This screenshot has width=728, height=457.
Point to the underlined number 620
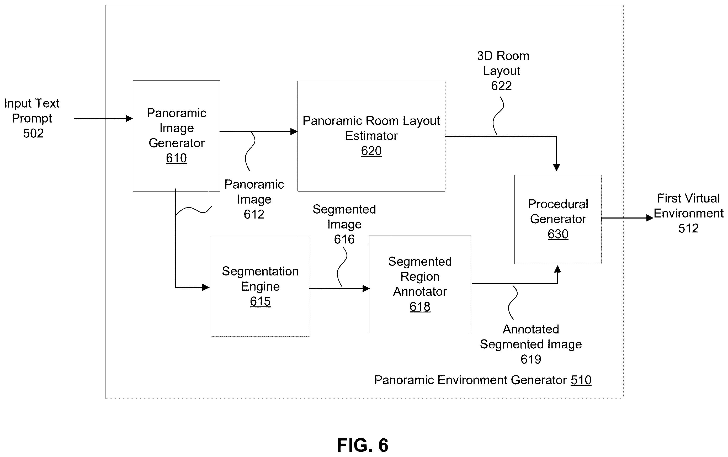(x=371, y=151)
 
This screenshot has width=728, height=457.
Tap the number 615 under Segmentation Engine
(x=260, y=301)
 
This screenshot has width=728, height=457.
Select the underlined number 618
(x=420, y=306)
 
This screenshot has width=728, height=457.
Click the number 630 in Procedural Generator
(x=558, y=234)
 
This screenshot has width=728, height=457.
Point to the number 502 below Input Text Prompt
(x=33, y=133)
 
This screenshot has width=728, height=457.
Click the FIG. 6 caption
(x=363, y=445)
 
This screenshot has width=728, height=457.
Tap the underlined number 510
(x=581, y=380)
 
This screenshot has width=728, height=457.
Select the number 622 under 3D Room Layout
(x=501, y=86)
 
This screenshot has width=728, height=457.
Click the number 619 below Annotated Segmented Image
(x=531, y=359)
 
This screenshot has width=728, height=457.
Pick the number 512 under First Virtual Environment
(x=688, y=228)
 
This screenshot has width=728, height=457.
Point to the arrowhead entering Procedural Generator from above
(x=556, y=167)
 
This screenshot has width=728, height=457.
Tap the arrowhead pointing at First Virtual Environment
(x=650, y=218)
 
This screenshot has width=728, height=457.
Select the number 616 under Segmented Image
(x=344, y=239)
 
